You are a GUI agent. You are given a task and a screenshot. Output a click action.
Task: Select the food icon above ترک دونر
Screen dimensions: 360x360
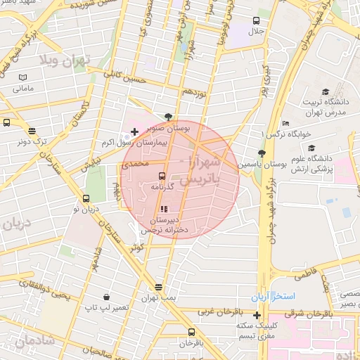point(32,130)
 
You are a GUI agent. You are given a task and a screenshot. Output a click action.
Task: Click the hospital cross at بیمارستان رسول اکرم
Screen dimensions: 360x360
point(134,131)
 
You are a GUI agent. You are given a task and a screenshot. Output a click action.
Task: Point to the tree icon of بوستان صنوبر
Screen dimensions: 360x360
point(167,117)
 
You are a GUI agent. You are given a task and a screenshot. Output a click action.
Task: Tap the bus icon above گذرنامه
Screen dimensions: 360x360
point(162,176)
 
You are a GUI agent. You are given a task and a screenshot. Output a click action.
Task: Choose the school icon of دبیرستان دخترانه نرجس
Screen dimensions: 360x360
point(164,209)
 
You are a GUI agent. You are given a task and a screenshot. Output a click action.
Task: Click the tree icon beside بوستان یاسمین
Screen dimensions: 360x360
point(262,153)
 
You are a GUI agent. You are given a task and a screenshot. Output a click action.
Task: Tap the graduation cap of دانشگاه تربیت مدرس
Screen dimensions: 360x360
point(325,92)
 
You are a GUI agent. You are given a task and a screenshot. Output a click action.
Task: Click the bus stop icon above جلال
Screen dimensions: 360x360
point(255,20)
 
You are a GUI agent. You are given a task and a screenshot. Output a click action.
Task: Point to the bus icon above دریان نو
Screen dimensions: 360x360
point(87,198)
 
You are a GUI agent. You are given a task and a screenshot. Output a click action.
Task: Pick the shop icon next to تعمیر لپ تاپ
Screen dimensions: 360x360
point(105,297)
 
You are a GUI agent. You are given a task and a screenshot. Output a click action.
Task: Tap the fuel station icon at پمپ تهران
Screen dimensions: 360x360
point(158,287)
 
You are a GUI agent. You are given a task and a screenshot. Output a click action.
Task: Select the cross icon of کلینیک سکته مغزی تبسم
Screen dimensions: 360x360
point(257,315)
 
